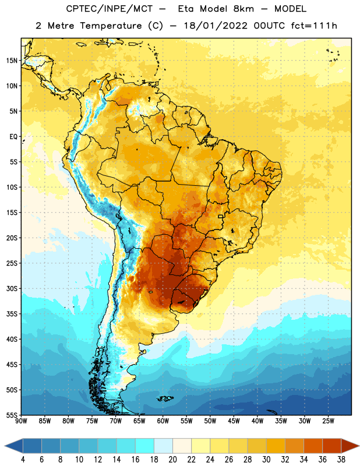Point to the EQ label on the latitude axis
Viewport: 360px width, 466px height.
point(13,137)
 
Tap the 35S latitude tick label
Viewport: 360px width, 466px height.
point(12,314)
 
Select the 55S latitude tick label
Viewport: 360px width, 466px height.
point(12,415)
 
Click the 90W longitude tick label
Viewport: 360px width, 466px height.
point(22,421)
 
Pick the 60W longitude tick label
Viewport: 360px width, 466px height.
point(163,421)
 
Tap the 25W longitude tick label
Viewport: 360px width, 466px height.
point(328,421)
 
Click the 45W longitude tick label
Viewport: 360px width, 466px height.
point(234,421)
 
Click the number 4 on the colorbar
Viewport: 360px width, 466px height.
point(23,460)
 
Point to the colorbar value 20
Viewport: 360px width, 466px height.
point(172,460)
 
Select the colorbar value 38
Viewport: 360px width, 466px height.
point(341,460)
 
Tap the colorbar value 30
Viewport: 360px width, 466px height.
point(266,460)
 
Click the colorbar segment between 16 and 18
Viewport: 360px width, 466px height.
point(144,446)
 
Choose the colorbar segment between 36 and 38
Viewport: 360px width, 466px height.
point(332,446)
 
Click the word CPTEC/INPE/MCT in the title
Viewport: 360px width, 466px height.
point(109,9)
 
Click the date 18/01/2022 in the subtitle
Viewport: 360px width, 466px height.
point(216,26)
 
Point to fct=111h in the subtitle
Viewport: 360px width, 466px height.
point(314,26)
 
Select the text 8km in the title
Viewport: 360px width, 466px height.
point(243,9)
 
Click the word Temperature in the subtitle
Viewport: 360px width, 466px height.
point(111,26)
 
